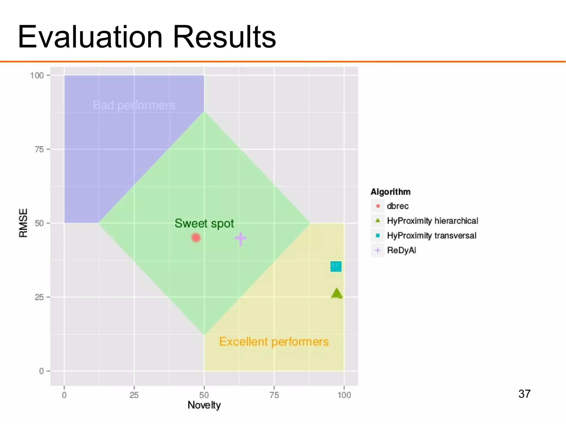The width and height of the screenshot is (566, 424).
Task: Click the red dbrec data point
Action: pos(196,238)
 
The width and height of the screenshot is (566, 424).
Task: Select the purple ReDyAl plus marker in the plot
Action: pos(240,238)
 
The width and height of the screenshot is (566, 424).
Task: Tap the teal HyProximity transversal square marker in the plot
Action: pos(336,266)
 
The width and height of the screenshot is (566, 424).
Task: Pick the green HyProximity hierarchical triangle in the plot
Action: pos(337,293)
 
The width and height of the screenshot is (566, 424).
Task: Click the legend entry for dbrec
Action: pos(397,206)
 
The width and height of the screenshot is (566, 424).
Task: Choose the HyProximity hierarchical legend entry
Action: pos(432,221)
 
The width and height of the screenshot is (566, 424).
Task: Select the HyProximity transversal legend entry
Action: pos(431,236)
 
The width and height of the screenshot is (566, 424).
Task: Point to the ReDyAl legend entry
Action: pos(401,250)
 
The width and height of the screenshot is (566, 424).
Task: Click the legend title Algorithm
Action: pos(390,192)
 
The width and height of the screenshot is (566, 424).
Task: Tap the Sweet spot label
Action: pos(204,223)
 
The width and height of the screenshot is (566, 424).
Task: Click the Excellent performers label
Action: pos(274,342)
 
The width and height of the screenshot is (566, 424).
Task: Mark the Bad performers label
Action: pos(134,105)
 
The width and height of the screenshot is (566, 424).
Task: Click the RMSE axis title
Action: pos(23,223)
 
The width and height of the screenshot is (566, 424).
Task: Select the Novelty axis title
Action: pos(204,405)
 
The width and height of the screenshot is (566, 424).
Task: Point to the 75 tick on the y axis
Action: pos(39,149)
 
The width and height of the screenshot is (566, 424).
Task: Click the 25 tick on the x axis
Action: pos(134,395)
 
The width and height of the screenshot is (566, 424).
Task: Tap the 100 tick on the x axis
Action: pos(344,395)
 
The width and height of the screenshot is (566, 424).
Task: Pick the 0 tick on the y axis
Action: pos(41,371)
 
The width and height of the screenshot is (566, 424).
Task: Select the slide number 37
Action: pos(524,394)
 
